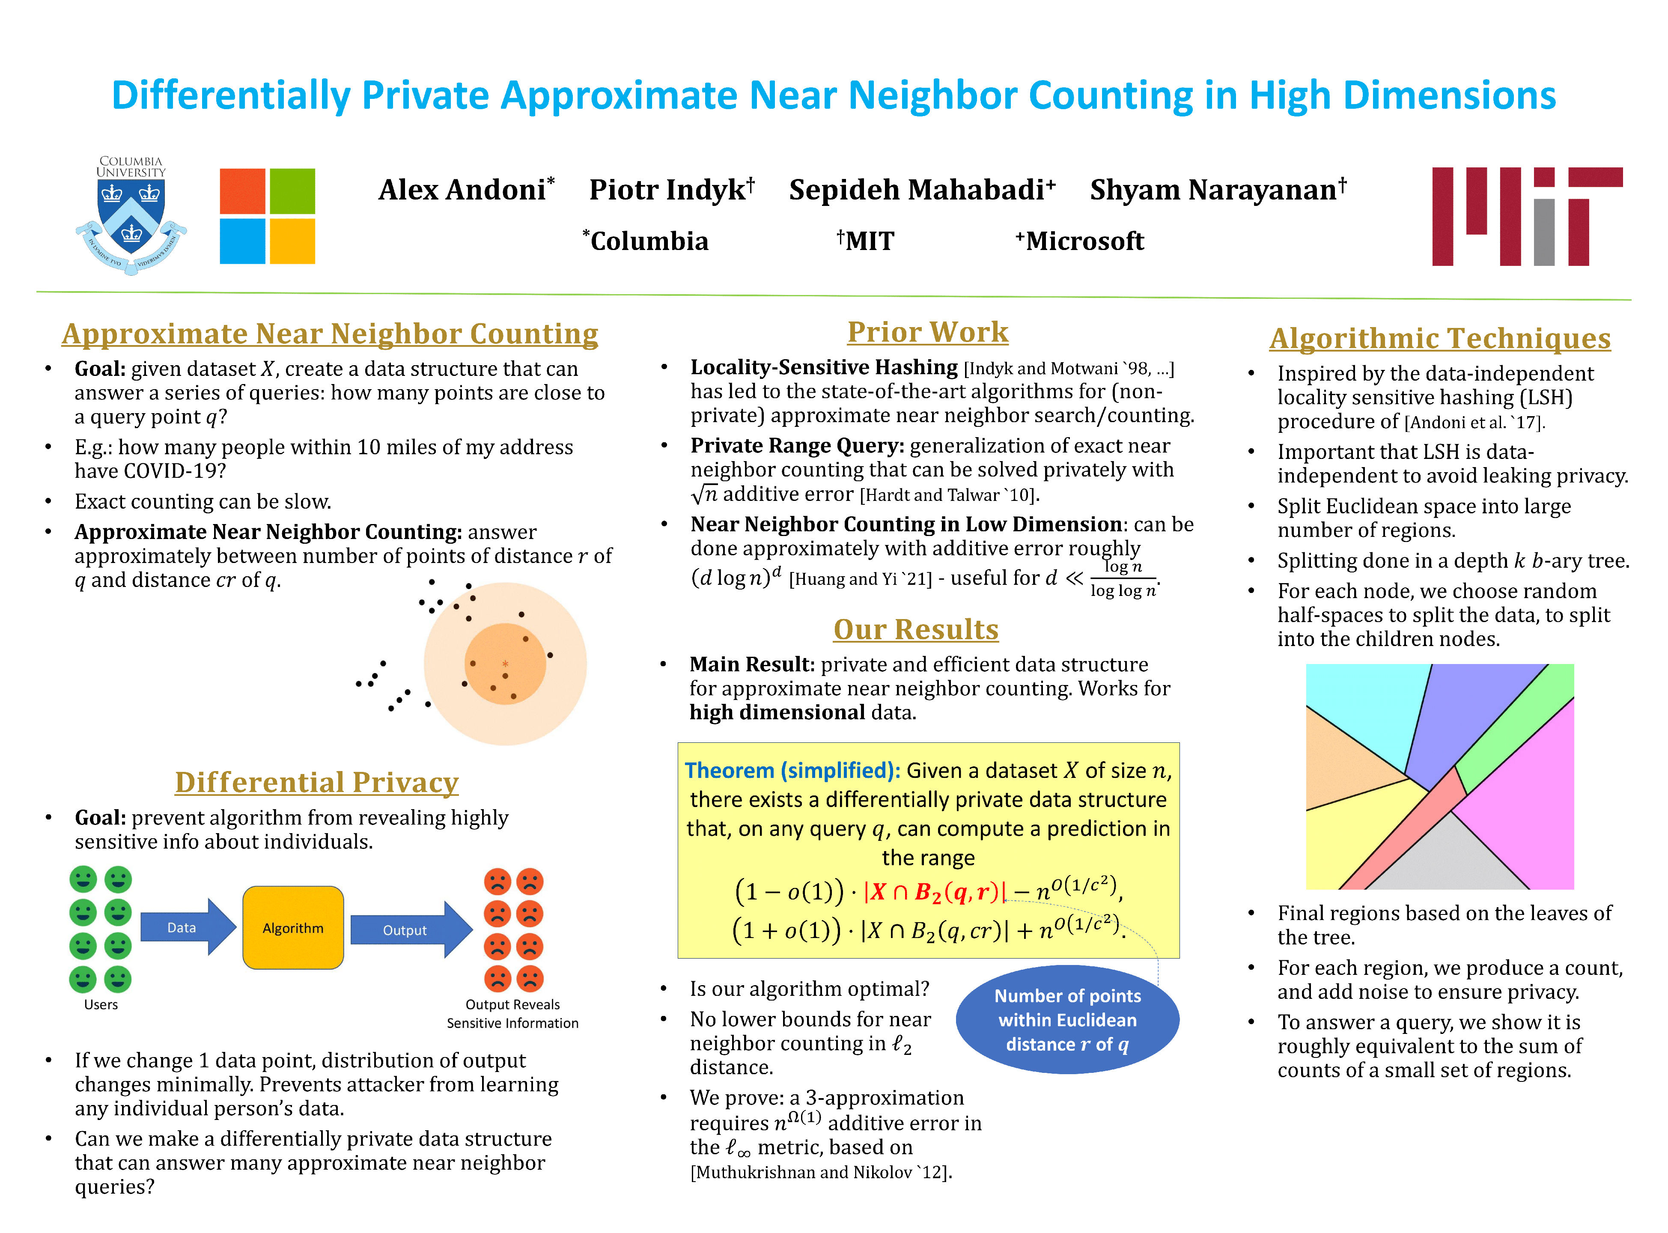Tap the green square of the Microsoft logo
(x=292, y=191)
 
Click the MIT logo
(x=1526, y=217)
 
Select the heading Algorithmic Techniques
(x=1440, y=338)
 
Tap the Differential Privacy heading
(x=316, y=782)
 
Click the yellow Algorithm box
(x=292, y=928)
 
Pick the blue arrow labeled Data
(x=187, y=927)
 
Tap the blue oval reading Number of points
(x=1067, y=1019)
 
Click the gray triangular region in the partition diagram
(x=1448, y=858)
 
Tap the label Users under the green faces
(x=101, y=1005)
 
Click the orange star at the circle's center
(x=505, y=664)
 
